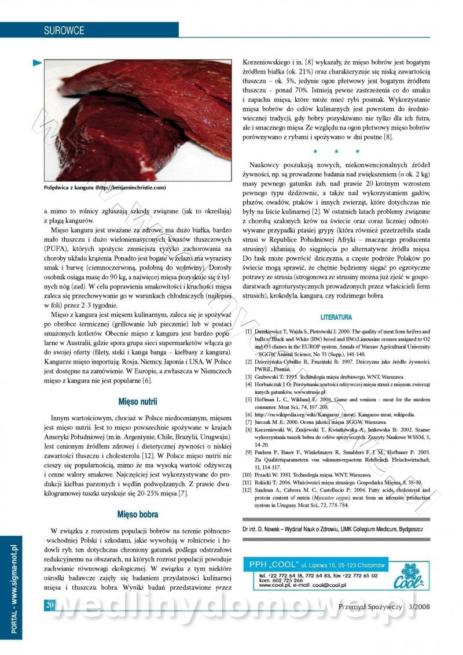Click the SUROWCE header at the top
pyautogui.click(x=64, y=30)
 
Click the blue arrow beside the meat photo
pyautogui.click(x=37, y=62)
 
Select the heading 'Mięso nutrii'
pyautogui.click(x=138, y=401)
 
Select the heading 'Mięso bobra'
pyautogui.click(x=138, y=514)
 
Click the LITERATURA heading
pyautogui.click(x=336, y=317)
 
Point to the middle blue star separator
pyautogui.click(x=337, y=151)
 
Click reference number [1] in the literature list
pyautogui.click(x=248, y=332)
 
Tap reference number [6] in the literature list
pyautogui.click(x=248, y=415)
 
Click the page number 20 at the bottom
pyautogui.click(x=50, y=605)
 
